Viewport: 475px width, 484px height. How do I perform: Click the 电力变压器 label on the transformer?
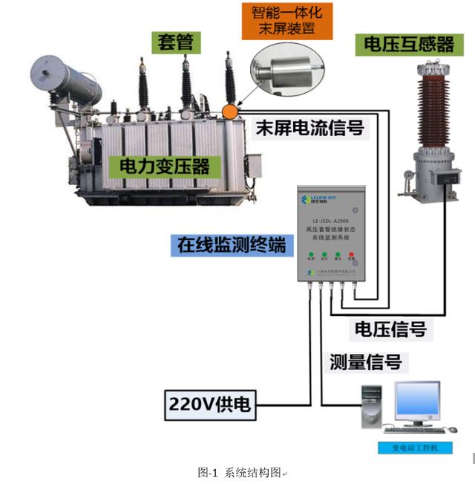160,164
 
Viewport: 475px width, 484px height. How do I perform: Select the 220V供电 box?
210,404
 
